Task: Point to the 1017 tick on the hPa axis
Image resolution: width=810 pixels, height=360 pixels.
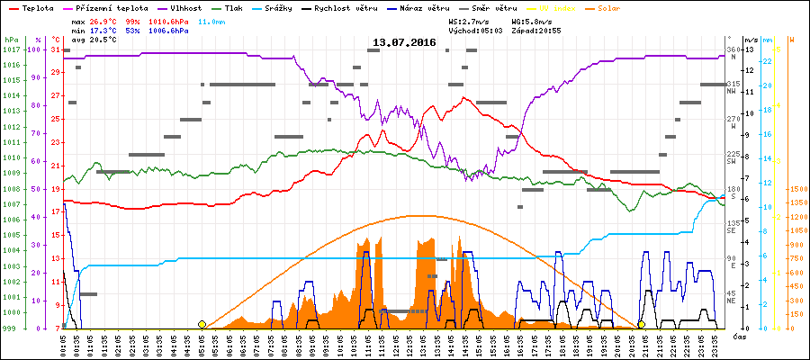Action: (x=11, y=49)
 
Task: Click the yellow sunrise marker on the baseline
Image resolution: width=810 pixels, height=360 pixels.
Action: (x=202, y=324)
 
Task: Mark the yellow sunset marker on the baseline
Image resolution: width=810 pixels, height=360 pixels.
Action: (x=642, y=324)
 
